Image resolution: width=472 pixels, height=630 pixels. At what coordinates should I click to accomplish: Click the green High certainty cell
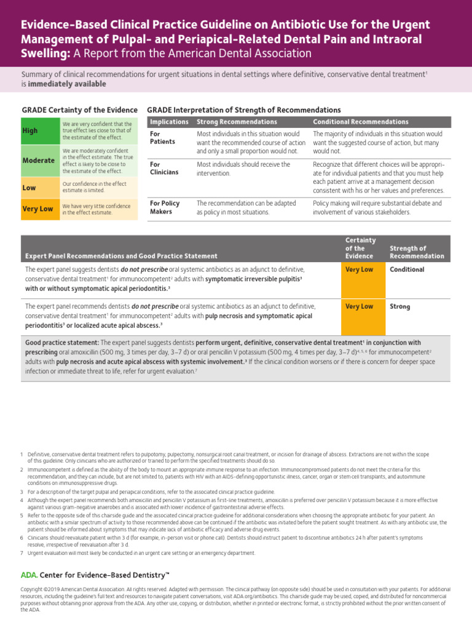40,130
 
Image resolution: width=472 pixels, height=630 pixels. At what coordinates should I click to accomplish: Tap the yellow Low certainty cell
40,187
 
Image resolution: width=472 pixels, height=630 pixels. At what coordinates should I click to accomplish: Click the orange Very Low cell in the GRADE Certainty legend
40,209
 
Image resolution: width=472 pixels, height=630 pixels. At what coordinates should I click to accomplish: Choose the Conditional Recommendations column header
361,122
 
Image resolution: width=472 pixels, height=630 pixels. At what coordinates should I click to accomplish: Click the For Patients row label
163,138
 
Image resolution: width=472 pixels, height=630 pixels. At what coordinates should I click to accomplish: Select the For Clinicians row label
164,169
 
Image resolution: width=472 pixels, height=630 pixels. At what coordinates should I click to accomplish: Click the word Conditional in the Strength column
407,269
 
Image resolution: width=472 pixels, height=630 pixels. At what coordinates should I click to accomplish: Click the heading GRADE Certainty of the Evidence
79,110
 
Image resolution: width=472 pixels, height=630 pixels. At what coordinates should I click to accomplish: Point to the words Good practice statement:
62,343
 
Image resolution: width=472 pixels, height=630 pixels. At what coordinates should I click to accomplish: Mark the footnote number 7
22,553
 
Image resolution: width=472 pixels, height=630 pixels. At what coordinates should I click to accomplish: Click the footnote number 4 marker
22,501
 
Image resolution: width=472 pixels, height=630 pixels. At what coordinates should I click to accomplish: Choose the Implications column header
169,122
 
